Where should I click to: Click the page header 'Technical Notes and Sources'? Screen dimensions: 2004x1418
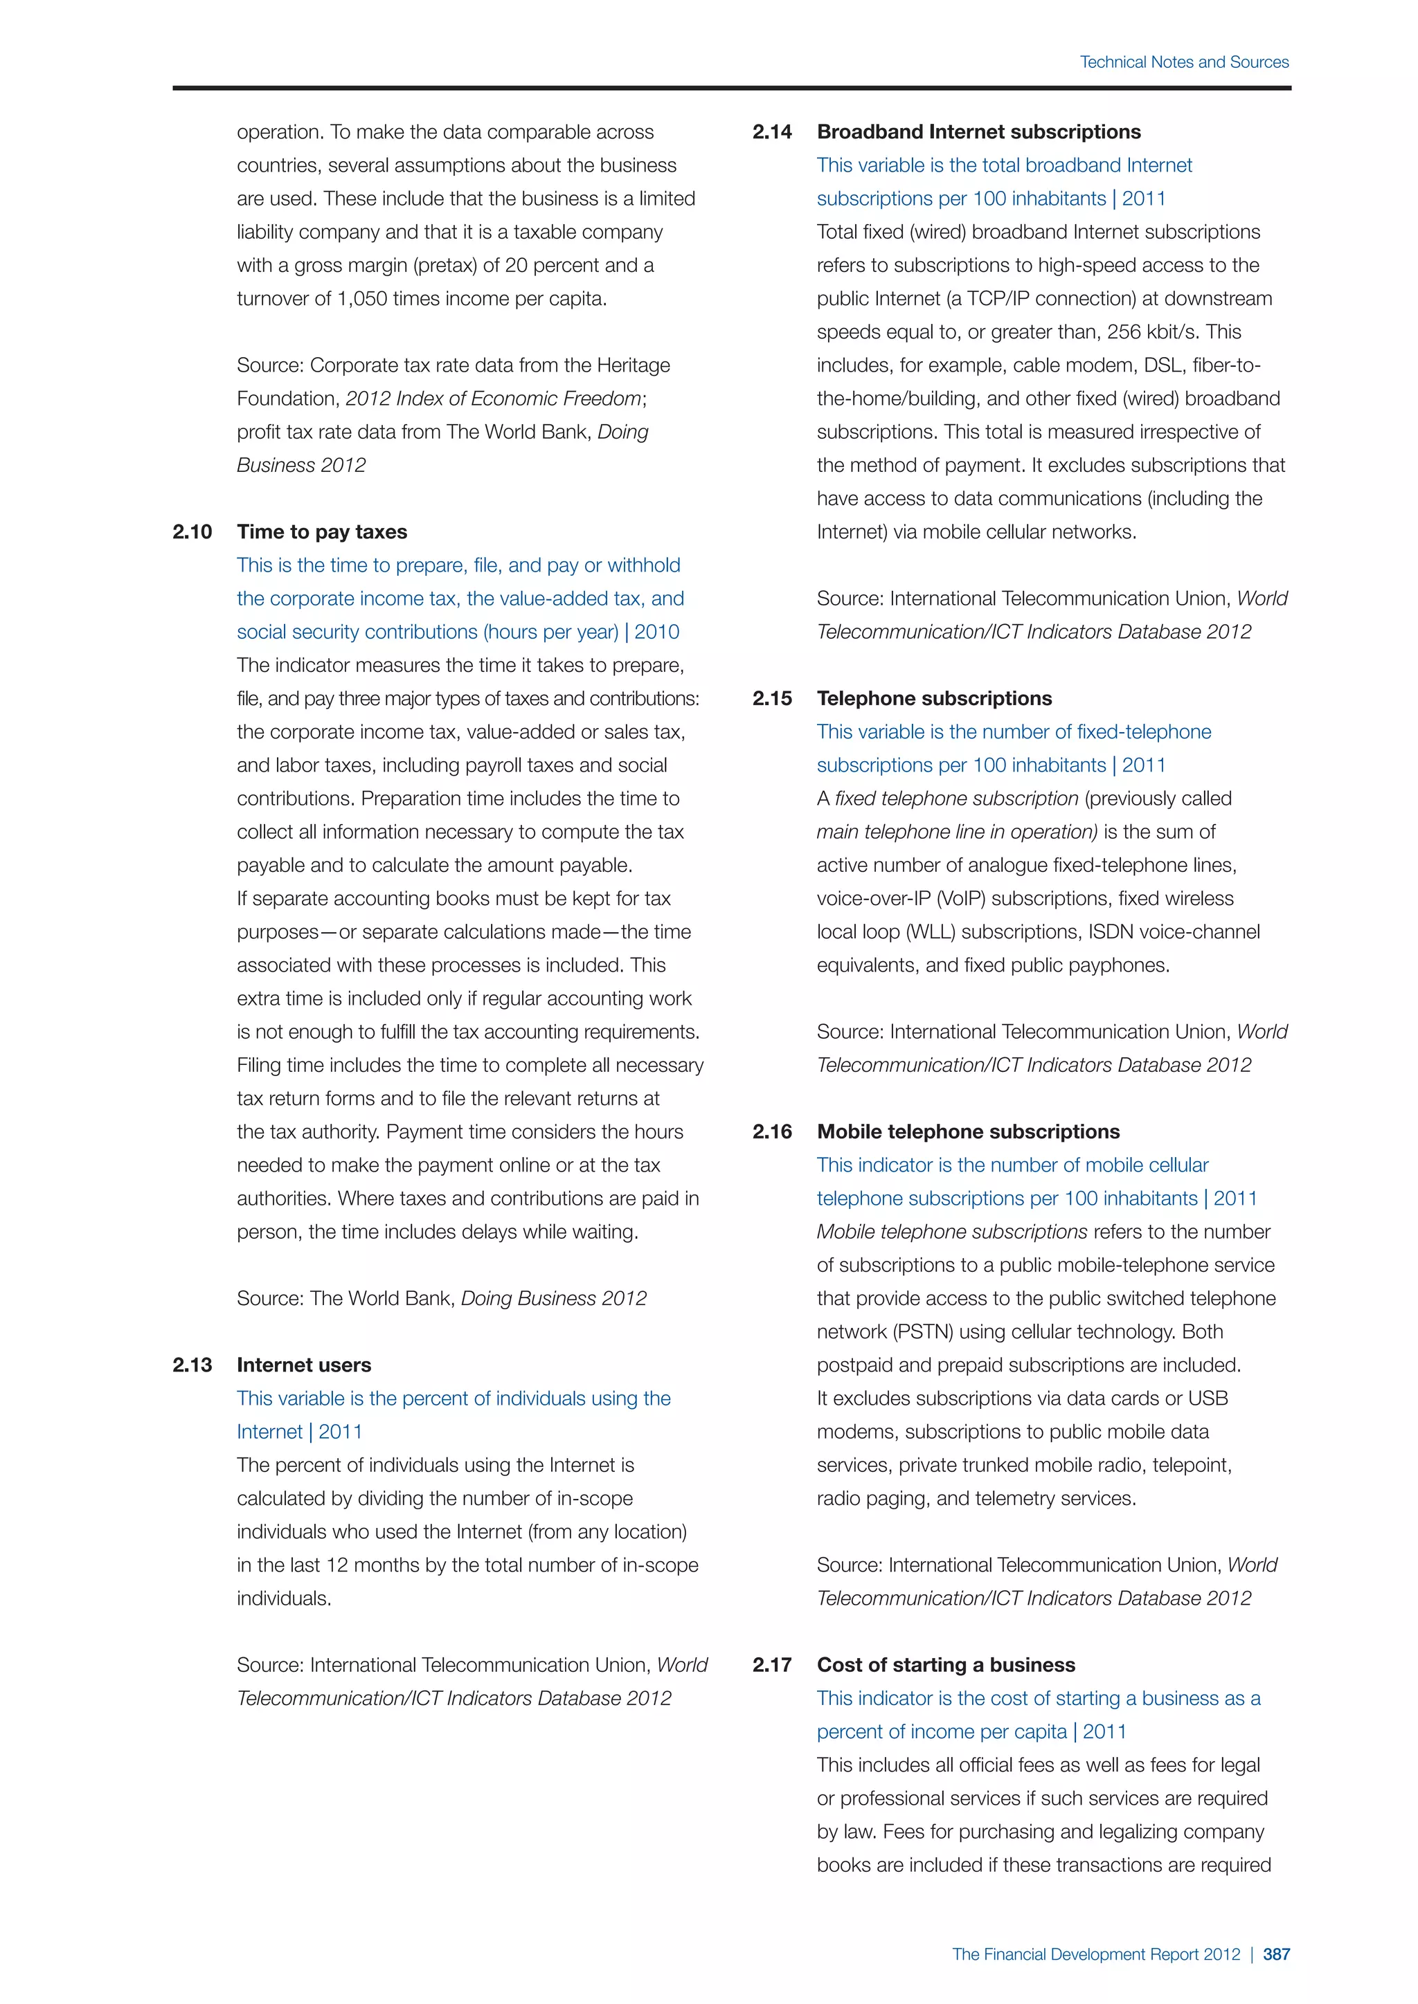(1183, 62)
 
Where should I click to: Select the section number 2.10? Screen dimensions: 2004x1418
(192, 531)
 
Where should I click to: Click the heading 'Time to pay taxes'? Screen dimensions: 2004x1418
(321, 531)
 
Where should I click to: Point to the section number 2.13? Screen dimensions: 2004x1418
(192, 1365)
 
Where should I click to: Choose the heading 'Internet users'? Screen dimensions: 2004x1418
(303, 1365)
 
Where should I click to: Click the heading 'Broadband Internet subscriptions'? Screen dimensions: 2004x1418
(978, 131)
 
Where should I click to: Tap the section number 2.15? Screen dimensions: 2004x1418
(772, 698)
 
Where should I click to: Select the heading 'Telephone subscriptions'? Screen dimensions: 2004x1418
(933, 698)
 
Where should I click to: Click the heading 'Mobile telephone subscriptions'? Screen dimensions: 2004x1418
(967, 1131)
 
